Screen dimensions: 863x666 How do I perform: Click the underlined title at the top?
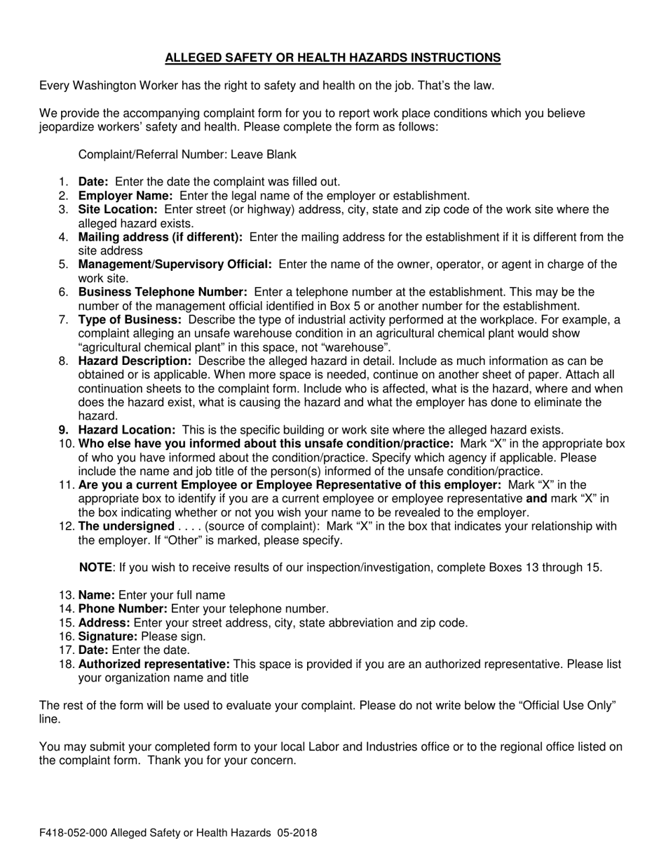(333, 58)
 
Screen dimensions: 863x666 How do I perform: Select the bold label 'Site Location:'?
(118, 209)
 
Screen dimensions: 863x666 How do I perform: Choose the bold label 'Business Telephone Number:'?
(163, 292)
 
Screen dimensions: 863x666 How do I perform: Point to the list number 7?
(64, 320)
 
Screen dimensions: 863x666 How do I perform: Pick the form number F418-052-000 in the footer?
(74, 834)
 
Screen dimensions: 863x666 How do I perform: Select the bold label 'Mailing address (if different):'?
(161, 237)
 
